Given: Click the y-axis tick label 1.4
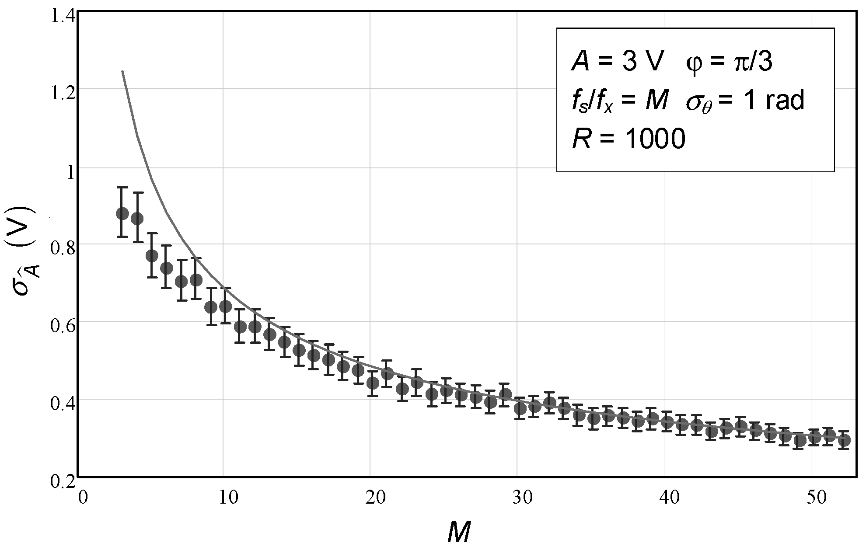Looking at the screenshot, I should pos(63,17).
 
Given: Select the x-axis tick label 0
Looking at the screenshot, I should pos(82,498).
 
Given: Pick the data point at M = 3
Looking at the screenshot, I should pos(122,214).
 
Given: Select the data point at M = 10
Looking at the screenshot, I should pos(225,306).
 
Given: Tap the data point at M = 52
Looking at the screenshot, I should pos(844,440).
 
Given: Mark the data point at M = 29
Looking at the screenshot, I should pos(505,394).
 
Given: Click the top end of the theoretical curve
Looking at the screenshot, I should pos(122,71).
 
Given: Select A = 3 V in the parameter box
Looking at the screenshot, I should pos(615,63).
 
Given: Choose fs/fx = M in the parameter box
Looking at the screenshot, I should pos(620,101).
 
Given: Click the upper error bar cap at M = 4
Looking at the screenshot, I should pos(138,192).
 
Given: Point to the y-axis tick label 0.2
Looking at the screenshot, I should pos(63,481).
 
